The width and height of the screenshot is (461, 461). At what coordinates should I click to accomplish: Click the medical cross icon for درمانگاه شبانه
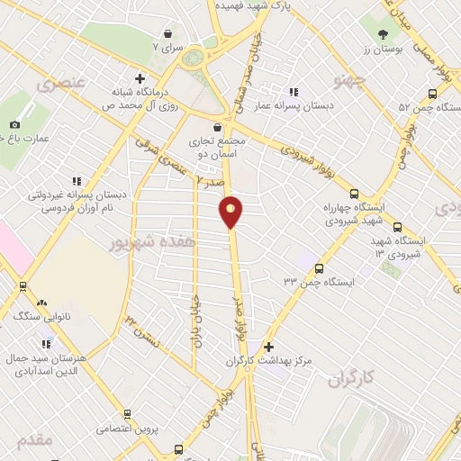point(139,78)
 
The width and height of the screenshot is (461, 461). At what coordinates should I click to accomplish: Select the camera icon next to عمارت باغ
point(14,124)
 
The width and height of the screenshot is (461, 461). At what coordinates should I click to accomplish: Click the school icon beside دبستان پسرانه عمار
point(293,92)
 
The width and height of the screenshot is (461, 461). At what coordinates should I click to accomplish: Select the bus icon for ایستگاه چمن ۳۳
point(320,267)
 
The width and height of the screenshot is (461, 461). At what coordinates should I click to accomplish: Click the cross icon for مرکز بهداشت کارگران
point(267,347)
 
